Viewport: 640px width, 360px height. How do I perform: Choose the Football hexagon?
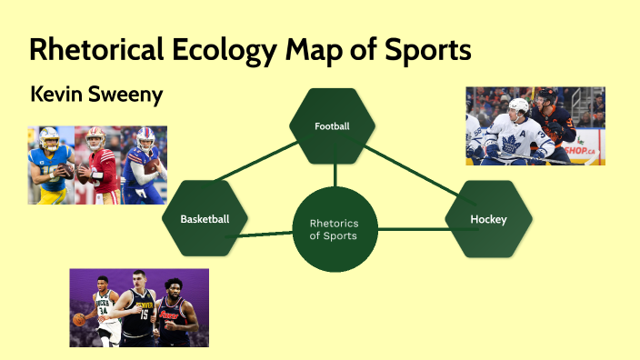332,125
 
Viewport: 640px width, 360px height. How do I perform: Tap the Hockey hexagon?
488,219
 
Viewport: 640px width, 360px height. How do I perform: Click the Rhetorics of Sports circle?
333,228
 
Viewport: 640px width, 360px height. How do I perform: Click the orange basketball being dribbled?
79,320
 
